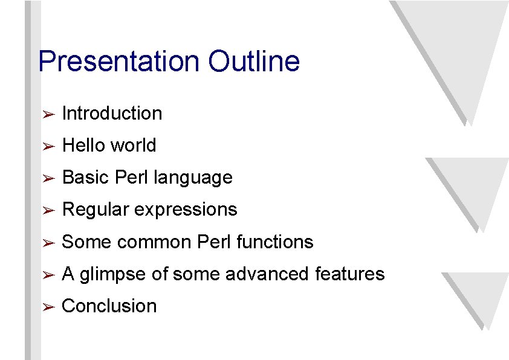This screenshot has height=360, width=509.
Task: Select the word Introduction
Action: point(112,113)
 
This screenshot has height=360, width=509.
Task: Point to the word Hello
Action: point(84,145)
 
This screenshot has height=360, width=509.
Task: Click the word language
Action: point(193,178)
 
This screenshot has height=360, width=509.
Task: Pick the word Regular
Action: point(96,210)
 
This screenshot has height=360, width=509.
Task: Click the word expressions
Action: point(185,210)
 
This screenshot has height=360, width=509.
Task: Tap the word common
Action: point(154,242)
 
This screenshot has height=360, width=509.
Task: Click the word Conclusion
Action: point(109,306)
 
